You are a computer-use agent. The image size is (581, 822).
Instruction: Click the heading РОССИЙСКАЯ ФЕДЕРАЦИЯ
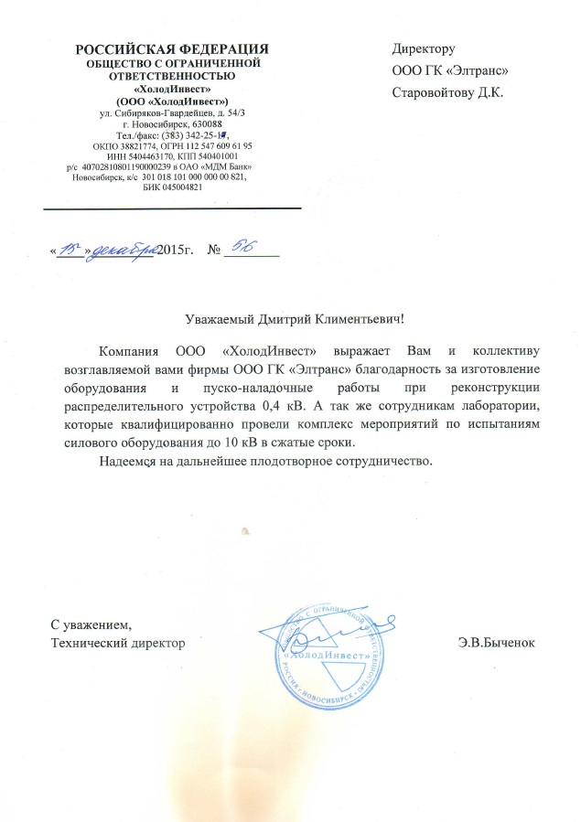[172, 48]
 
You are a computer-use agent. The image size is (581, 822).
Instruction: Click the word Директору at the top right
[424, 48]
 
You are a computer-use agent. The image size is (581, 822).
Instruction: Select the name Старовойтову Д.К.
[447, 92]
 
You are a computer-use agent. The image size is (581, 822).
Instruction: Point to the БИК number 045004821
[172, 187]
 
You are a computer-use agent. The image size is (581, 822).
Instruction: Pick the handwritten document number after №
[243, 248]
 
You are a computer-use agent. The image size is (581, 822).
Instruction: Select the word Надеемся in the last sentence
[130, 460]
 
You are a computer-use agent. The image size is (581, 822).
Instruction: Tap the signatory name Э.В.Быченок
[501, 643]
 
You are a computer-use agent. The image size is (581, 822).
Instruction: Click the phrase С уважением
[91, 626]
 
